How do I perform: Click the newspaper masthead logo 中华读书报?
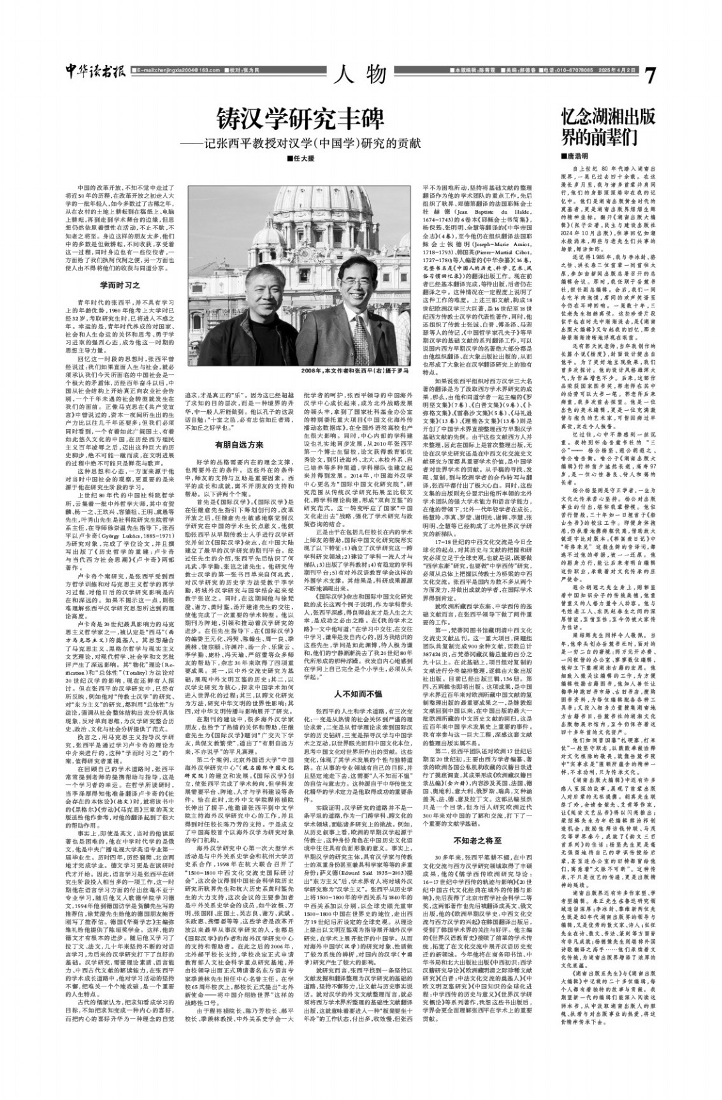95,72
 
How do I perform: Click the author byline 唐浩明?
575,156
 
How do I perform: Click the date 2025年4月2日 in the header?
617,70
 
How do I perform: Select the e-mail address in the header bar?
173,70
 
